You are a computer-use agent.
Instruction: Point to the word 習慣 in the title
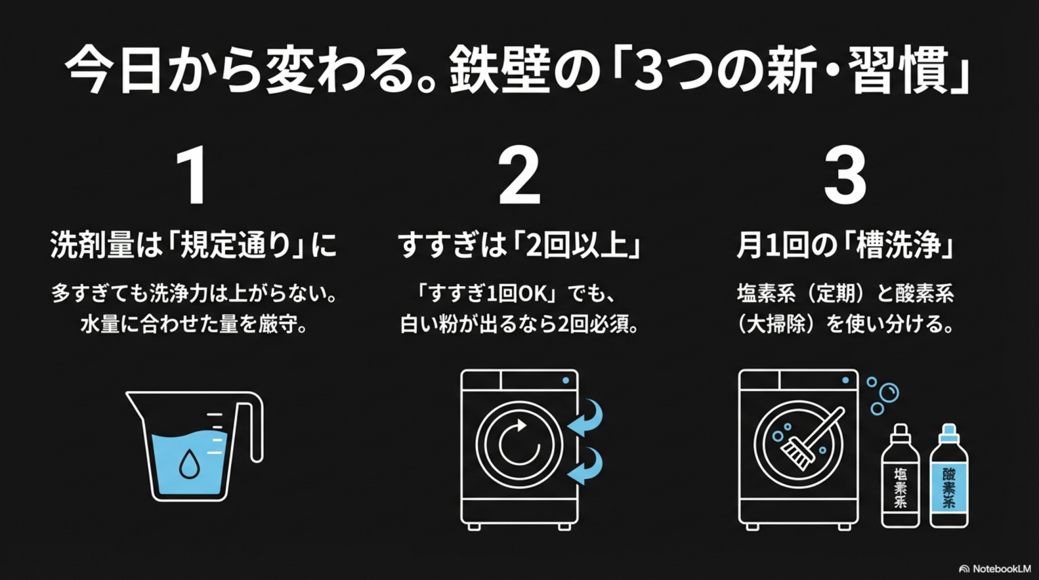(898, 70)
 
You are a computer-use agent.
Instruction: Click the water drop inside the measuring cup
(189, 464)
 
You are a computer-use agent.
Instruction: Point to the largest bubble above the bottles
(889, 392)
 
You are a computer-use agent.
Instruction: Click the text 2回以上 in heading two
(577, 245)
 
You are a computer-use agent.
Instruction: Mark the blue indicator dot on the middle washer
(565, 380)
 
